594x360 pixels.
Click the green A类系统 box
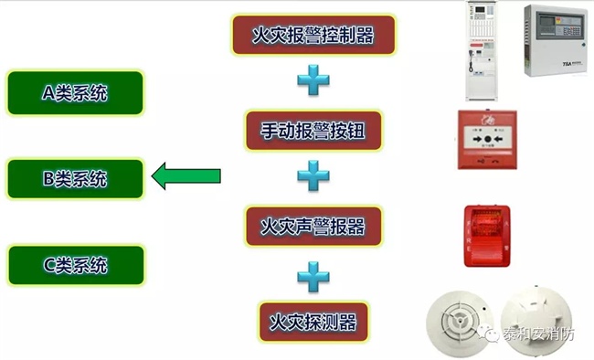[x=75, y=92]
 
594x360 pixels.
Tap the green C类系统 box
[x=75, y=266]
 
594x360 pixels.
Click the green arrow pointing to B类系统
[x=186, y=175]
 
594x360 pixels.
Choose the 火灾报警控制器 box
[x=313, y=36]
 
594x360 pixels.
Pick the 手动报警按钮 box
[x=313, y=131]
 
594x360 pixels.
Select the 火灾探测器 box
[x=313, y=321]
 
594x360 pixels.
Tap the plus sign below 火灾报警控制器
[x=313, y=82]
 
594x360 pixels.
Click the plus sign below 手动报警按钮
[x=313, y=176]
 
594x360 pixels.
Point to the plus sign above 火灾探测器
[x=313, y=273]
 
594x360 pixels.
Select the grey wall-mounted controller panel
[x=552, y=43]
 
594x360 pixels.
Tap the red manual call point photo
[x=486, y=140]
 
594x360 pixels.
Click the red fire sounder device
[x=486, y=236]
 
